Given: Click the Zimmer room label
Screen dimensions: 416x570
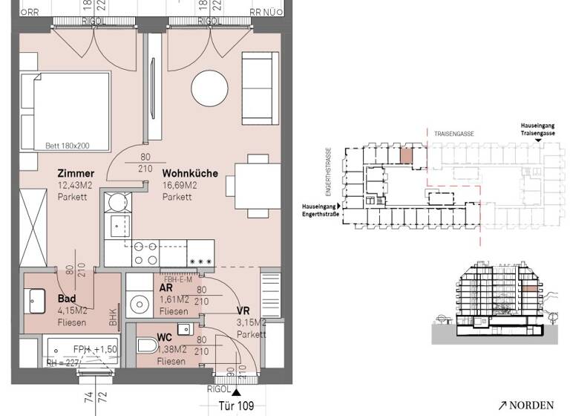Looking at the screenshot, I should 76,174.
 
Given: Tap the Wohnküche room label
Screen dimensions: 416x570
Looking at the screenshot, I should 190,174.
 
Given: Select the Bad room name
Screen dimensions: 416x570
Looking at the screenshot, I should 65,299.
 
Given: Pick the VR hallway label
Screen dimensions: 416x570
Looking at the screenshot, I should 243,311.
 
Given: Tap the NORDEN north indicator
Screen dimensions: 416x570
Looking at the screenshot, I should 527,406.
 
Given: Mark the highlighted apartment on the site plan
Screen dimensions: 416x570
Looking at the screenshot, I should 406,156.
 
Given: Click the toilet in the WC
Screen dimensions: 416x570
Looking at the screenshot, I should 147,346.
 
